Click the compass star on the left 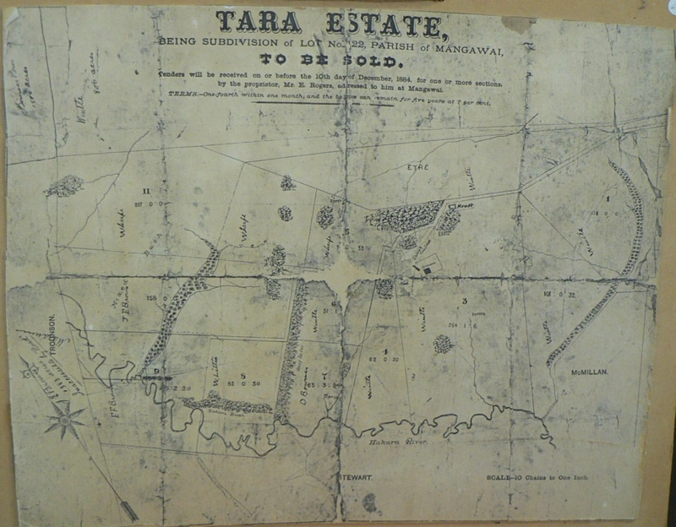coord(65,417)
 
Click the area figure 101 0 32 coord(554,294)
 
